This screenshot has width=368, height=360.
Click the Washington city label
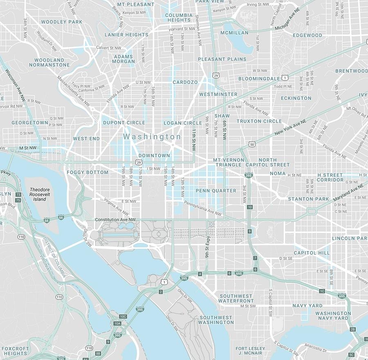tap(152, 137)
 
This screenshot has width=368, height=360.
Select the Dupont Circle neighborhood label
tap(124, 123)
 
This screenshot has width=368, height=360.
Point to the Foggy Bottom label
tap(88, 172)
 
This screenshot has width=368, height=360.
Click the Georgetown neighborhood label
tap(30, 123)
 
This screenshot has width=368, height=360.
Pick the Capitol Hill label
tap(312, 253)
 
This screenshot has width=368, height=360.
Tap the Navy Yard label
tap(307, 306)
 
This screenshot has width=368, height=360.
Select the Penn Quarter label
tap(216, 191)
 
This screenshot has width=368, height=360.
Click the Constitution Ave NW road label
tap(115, 220)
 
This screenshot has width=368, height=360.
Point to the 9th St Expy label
tap(208, 247)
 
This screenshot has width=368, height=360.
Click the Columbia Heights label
tap(179, 18)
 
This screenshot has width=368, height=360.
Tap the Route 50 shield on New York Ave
tap(252, 144)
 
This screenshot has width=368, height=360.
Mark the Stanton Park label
tap(309, 199)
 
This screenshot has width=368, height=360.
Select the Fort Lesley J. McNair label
tap(250, 351)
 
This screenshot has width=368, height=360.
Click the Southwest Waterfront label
tap(236, 298)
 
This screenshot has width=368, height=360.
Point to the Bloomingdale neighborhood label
tap(259, 79)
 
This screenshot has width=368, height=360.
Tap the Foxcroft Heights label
tap(15, 351)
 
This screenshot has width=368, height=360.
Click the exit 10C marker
tap(123, 317)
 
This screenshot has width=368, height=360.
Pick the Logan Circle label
tap(183, 123)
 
